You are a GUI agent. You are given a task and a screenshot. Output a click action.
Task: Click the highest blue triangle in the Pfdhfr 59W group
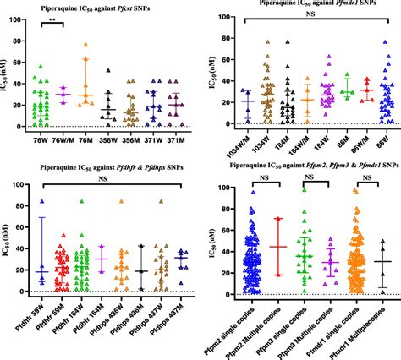pyautogui.click(x=41, y=202)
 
